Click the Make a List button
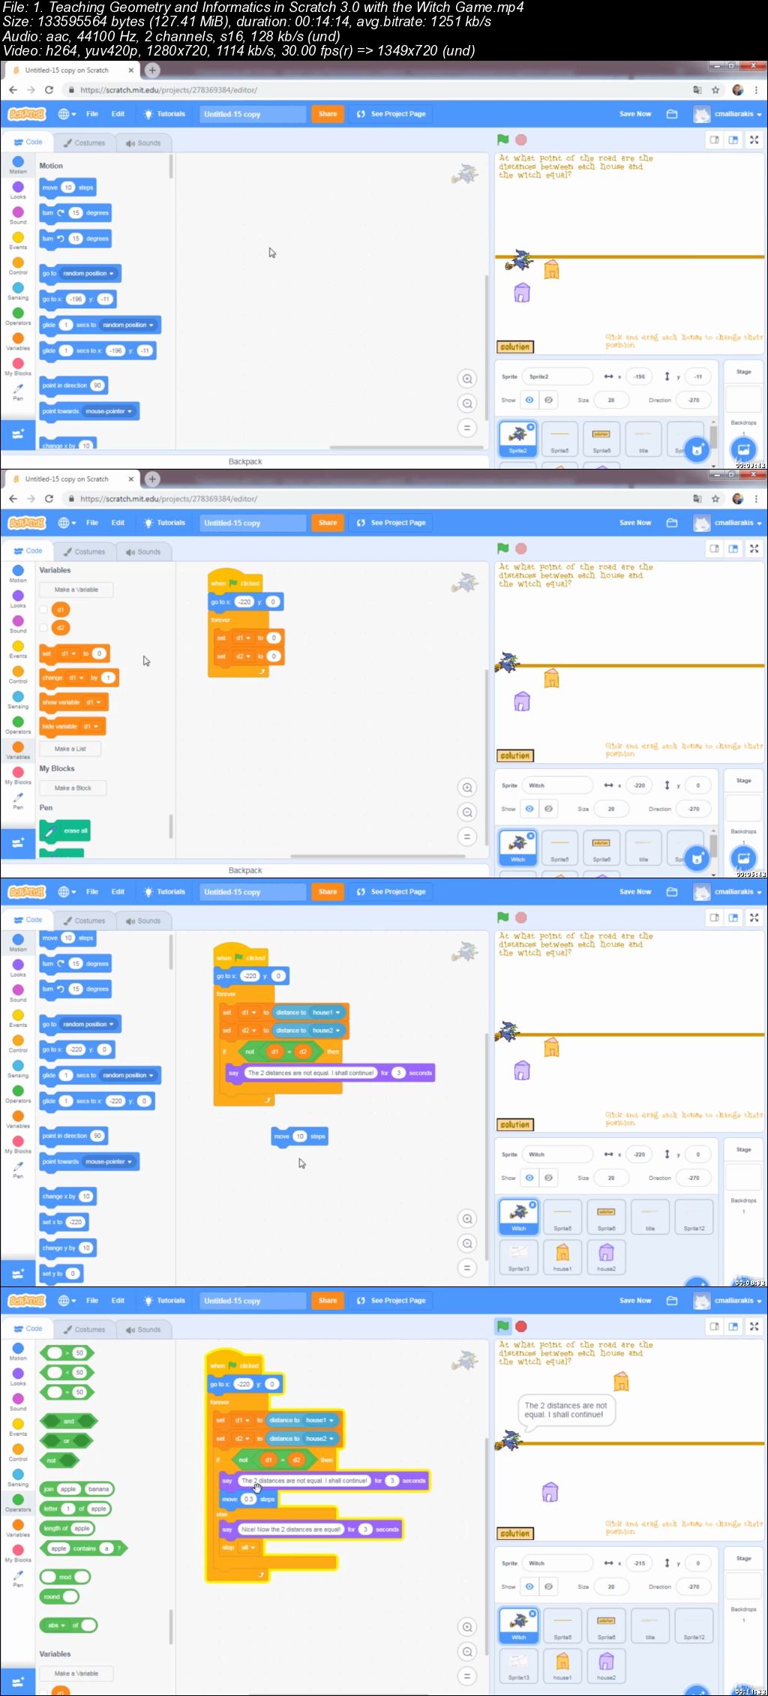pyautogui.click(x=70, y=749)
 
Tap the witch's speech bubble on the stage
pyautogui.click(x=566, y=1409)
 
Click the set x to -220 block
pyautogui.click(x=64, y=1222)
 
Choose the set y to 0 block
pyautogui.click(x=60, y=1273)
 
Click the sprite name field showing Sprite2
pyautogui.click(x=556, y=377)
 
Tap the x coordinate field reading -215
pyautogui.click(x=639, y=1563)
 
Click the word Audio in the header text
pyautogui.click(x=19, y=36)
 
